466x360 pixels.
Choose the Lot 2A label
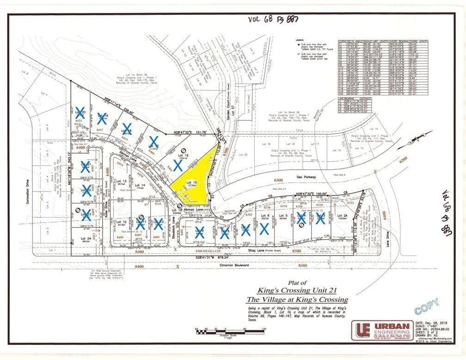pos(342,215)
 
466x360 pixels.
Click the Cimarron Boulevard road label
pos(242,265)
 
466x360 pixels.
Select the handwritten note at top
pos(274,19)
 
